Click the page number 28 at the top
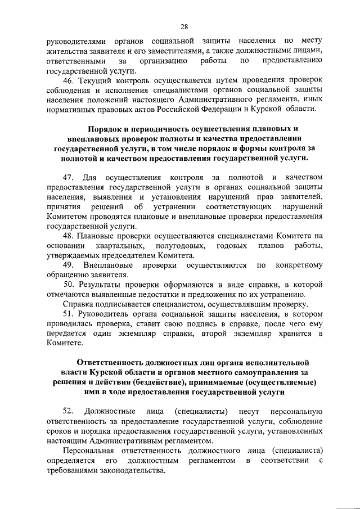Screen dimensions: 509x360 pos(183,25)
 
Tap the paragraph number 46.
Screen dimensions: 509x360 pos(68,82)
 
